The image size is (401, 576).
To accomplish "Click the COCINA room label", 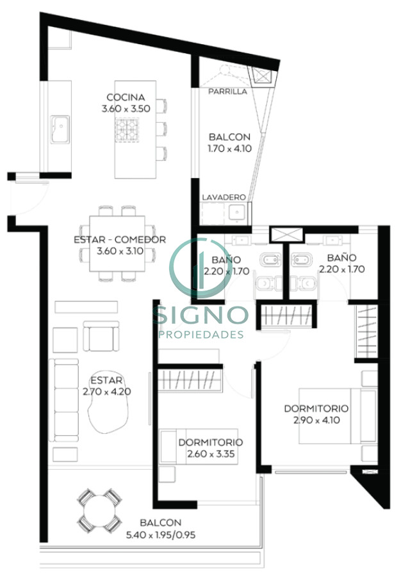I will coord(126,97).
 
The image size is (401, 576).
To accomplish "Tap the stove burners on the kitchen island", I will coord(126,132).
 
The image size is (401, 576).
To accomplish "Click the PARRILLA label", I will coord(227,92).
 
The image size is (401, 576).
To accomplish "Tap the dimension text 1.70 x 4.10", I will coord(229,148).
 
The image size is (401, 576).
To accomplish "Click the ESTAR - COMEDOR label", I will coord(120,240).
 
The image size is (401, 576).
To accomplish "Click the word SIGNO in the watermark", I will coord(199,315).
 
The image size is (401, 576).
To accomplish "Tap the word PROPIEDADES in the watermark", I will coord(200,335).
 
